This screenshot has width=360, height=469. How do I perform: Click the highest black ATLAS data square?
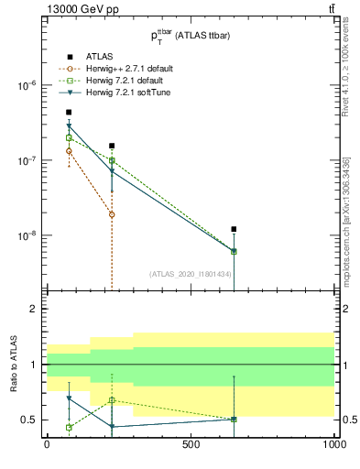(69, 112)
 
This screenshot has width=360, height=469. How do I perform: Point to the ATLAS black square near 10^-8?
(234, 229)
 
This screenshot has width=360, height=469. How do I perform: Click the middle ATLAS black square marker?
(112, 146)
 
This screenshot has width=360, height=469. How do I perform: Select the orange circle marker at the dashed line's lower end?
(112, 214)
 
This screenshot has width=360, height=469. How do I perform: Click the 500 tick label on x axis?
(191, 444)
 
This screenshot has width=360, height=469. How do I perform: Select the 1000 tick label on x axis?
(333, 444)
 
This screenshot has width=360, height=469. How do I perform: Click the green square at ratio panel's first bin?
(69, 427)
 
